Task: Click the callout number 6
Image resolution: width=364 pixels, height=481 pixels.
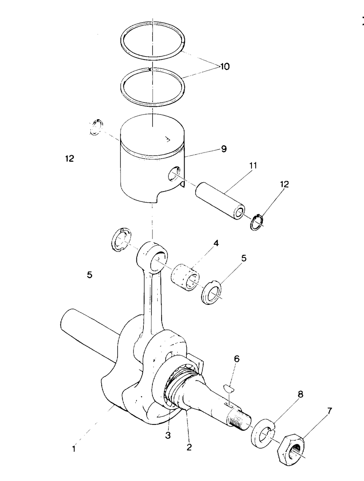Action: click(x=237, y=359)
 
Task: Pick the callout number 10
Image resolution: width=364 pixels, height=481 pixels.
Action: click(x=224, y=66)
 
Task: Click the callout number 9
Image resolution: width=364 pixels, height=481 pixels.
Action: click(x=223, y=149)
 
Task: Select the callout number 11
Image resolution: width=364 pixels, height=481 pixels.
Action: click(x=253, y=166)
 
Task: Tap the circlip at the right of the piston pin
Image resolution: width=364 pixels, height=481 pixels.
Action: click(x=257, y=223)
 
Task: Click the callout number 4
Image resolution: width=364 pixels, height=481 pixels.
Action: click(x=216, y=243)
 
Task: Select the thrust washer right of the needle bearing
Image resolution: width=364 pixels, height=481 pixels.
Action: click(x=211, y=292)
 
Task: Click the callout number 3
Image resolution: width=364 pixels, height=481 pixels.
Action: click(x=168, y=435)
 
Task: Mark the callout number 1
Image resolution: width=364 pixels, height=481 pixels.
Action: click(x=74, y=449)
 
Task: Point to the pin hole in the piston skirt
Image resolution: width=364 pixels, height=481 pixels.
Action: click(x=174, y=174)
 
